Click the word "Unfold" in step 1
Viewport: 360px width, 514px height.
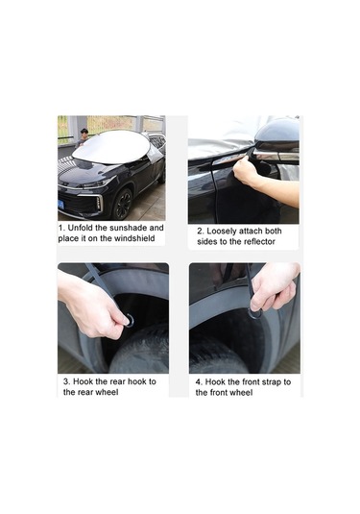click(81, 228)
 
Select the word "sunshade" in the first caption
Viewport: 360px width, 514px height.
click(128, 228)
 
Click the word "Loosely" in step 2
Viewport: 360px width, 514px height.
click(222, 232)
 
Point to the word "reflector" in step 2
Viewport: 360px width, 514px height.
click(259, 242)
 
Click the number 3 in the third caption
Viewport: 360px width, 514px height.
click(66, 381)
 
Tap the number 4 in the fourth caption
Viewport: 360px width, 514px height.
click(198, 382)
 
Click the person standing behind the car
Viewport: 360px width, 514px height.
click(83, 137)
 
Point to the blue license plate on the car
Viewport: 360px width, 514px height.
click(60, 205)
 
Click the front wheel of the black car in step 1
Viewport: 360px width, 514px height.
click(123, 204)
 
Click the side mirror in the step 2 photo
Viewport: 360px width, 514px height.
click(276, 140)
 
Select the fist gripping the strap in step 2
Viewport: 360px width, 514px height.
click(246, 169)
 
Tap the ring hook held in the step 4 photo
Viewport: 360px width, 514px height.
click(255, 314)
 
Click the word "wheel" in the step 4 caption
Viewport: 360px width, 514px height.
click(241, 393)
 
